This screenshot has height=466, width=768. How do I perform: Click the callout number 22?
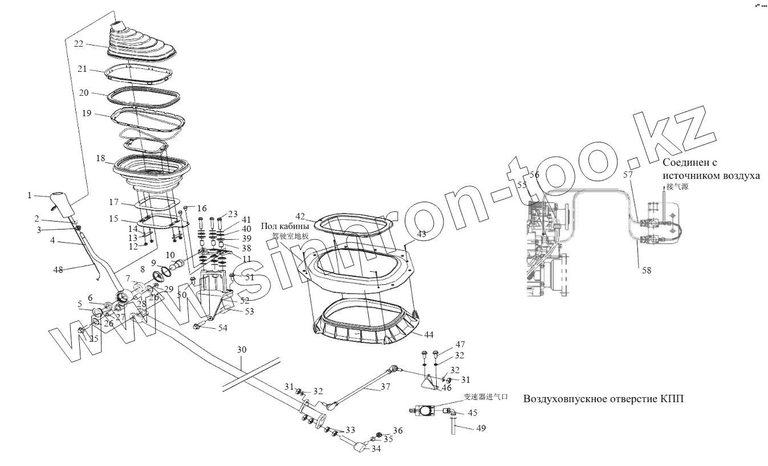click(x=79, y=43)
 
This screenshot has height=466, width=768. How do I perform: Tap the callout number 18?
click(x=101, y=158)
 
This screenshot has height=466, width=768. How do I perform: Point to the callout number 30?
click(x=241, y=349)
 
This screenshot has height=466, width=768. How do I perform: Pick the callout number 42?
click(x=300, y=216)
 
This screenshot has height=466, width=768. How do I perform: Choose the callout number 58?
click(x=646, y=271)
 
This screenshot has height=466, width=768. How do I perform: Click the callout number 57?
click(x=628, y=175)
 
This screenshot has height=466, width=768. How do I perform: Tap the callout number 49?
click(x=482, y=428)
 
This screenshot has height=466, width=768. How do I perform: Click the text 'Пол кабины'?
click(x=285, y=226)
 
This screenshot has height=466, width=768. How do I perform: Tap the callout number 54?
click(x=222, y=328)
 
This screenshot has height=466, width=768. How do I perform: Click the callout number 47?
click(x=460, y=345)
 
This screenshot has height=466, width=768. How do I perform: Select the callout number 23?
click(x=233, y=214)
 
